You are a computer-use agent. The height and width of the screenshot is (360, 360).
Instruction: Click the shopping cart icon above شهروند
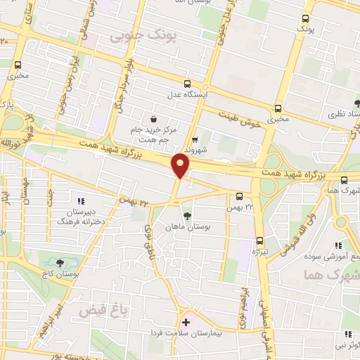coord(195,139)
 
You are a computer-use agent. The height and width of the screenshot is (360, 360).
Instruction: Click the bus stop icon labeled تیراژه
coord(259,240)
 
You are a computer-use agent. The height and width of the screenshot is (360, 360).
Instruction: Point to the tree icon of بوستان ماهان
coord(187,216)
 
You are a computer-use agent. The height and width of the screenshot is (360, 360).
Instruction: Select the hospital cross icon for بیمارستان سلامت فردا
coord(186,322)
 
